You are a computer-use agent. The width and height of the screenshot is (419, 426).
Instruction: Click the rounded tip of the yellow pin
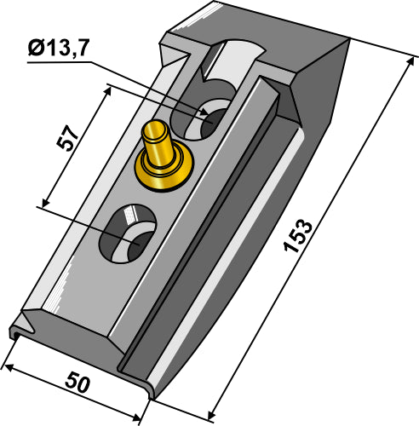pos(154,132)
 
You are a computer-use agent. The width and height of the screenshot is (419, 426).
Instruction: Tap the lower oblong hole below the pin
pos(129,233)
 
